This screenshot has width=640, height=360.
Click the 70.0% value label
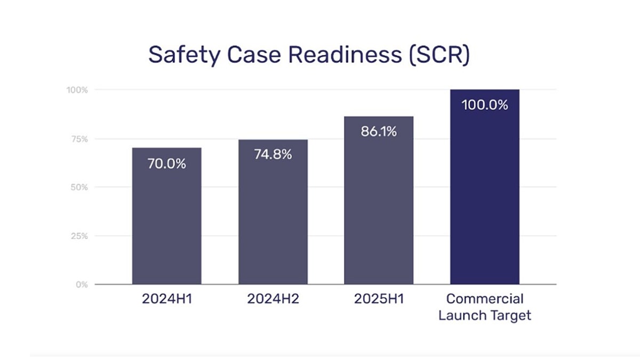point(166,164)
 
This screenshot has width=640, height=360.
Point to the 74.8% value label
point(273,155)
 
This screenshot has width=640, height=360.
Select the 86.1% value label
point(379,132)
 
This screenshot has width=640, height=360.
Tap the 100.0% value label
point(484,105)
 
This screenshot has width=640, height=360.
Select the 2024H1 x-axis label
point(166,299)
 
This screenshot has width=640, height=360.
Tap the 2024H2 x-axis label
point(273,299)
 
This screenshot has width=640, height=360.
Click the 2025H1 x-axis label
point(379,299)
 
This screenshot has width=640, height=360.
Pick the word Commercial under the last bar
point(484,299)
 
